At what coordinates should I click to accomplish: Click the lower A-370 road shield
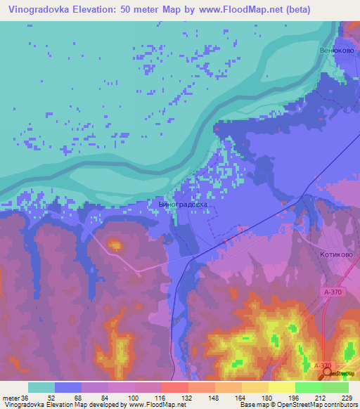pos(321,365)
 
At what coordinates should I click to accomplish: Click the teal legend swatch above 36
pos(41,387)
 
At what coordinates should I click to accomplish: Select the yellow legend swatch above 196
pos(282,387)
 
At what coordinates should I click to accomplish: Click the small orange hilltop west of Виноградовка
pos(114,245)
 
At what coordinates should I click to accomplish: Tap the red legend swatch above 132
pos(175,387)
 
